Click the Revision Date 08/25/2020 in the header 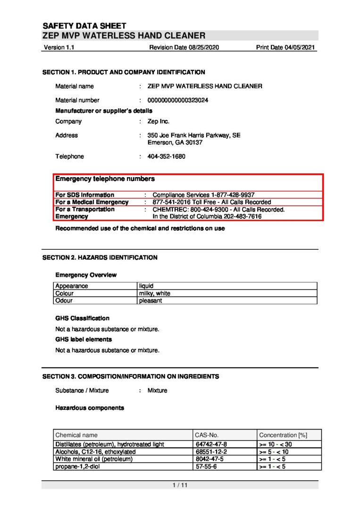click(x=184, y=48)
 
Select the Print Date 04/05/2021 click(x=286, y=48)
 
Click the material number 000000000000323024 click(x=178, y=100)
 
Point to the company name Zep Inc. click(x=158, y=121)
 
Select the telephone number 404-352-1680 click(x=166, y=156)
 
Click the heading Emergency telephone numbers click(x=105, y=179)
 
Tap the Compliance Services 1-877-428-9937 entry click(x=203, y=195)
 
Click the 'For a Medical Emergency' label click(x=92, y=202)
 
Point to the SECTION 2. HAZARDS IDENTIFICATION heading click(x=100, y=257)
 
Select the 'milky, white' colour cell click(x=154, y=293)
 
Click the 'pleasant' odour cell click(x=150, y=300)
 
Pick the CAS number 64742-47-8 click(x=211, y=444)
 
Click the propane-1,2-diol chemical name click(x=78, y=467)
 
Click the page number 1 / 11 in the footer click(x=180, y=485)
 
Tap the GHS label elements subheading click(x=84, y=339)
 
